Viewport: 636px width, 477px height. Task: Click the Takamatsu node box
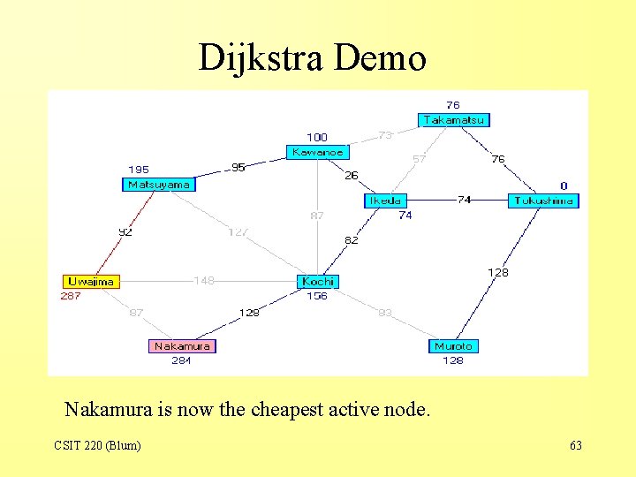(453, 120)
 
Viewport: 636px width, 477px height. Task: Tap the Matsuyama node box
(158, 185)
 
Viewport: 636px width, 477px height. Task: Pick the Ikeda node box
(385, 201)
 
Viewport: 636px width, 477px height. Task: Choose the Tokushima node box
(543, 201)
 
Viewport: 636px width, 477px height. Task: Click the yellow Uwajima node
(90, 282)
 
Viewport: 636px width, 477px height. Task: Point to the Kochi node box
(318, 282)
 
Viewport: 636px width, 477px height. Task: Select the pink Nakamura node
(182, 346)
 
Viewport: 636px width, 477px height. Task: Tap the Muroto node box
(453, 346)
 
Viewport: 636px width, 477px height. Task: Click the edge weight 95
(238, 167)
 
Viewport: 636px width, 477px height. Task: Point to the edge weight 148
(203, 281)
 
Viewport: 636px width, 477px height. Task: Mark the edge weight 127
(238, 232)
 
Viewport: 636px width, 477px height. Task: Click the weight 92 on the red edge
(126, 232)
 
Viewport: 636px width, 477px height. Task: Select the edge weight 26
(351, 176)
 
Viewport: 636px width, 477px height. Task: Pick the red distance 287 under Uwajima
(71, 296)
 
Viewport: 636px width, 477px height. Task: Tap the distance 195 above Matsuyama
(139, 170)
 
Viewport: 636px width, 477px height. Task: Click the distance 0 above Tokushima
(564, 186)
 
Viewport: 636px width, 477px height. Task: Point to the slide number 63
(576, 446)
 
